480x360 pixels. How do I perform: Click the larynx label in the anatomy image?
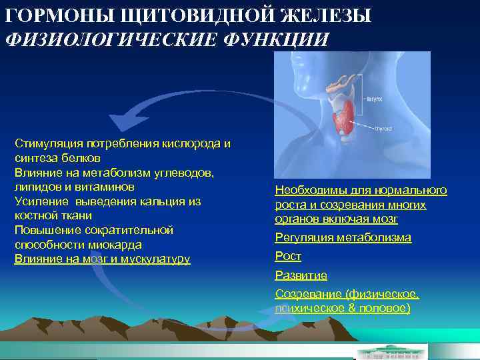(x=374, y=98)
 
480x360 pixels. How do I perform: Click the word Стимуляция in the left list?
(x=45, y=143)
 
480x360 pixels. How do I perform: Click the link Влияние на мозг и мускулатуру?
(x=102, y=259)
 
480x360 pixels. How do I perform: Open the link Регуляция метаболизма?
(x=343, y=237)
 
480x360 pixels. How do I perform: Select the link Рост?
(x=288, y=256)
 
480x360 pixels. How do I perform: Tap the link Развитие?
(x=301, y=275)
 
